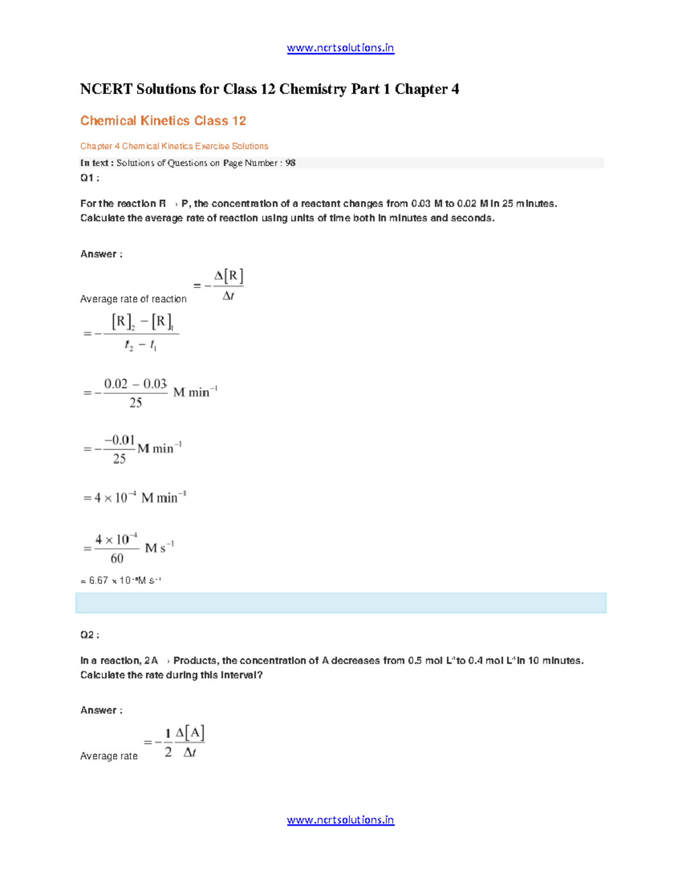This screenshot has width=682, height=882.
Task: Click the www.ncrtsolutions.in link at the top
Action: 340,48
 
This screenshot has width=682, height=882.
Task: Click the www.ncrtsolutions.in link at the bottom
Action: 340,820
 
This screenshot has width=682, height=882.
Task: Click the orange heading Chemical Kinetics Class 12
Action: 163,121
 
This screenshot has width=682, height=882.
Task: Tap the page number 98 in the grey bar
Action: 290,163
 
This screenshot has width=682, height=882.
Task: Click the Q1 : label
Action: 89,178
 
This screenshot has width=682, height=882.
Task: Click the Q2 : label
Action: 89,635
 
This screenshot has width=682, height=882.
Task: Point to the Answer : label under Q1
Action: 101,254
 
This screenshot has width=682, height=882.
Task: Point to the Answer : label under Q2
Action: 101,710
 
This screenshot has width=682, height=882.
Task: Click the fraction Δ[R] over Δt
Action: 228,286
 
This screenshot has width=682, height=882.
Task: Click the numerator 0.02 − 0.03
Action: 135,384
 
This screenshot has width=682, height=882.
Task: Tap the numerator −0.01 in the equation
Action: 119,440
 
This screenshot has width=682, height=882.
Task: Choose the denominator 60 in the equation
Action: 117,558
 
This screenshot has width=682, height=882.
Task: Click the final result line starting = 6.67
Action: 121,580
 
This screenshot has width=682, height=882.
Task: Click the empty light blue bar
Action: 340,603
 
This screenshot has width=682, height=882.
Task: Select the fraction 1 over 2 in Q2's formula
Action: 168,742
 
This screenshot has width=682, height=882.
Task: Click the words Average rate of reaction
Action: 133,299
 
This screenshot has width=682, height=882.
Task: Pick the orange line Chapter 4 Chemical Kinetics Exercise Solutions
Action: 174,146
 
